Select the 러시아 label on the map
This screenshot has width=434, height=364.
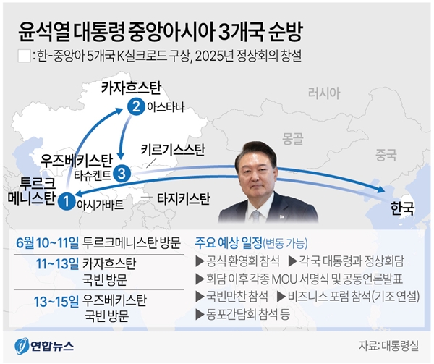pos(323,93)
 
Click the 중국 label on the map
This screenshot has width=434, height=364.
pos(386,154)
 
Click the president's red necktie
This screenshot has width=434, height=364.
pos(255,214)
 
